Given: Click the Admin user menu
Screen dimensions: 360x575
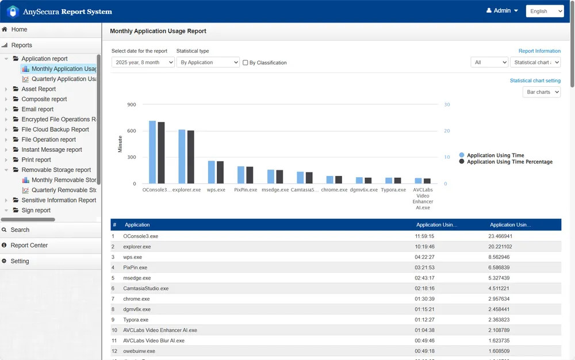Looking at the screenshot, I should [x=502, y=11].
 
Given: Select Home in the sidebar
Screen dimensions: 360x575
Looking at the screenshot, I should [x=19, y=29].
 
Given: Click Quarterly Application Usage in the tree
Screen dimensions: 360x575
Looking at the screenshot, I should [x=63, y=79].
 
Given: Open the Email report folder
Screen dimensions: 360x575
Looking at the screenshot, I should [x=37, y=109].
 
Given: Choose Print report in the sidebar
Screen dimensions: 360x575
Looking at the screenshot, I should [x=36, y=160].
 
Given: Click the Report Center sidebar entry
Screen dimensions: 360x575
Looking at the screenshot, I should [x=29, y=246].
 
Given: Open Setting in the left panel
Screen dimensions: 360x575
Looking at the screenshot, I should [x=20, y=261].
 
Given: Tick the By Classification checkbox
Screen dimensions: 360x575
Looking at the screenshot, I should [x=246, y=63].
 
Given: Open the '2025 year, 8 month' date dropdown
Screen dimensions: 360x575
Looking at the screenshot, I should [x=143, y=62].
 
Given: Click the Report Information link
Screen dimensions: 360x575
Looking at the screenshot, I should [x=539, y=51].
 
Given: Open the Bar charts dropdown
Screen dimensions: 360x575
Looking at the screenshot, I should [x=541, y=92].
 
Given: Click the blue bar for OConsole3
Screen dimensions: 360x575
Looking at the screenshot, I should [x=152, y=152].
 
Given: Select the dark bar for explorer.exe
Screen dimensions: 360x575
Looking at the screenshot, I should [x=190, y=157].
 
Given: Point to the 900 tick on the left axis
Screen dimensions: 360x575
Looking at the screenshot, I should [x=131, y=105].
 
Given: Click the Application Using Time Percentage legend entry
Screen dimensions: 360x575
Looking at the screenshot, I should [x=509, y=162].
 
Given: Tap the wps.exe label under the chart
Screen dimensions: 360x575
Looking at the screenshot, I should [x=216, y=190].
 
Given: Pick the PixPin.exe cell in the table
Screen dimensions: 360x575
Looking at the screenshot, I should [x=136, y=267].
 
